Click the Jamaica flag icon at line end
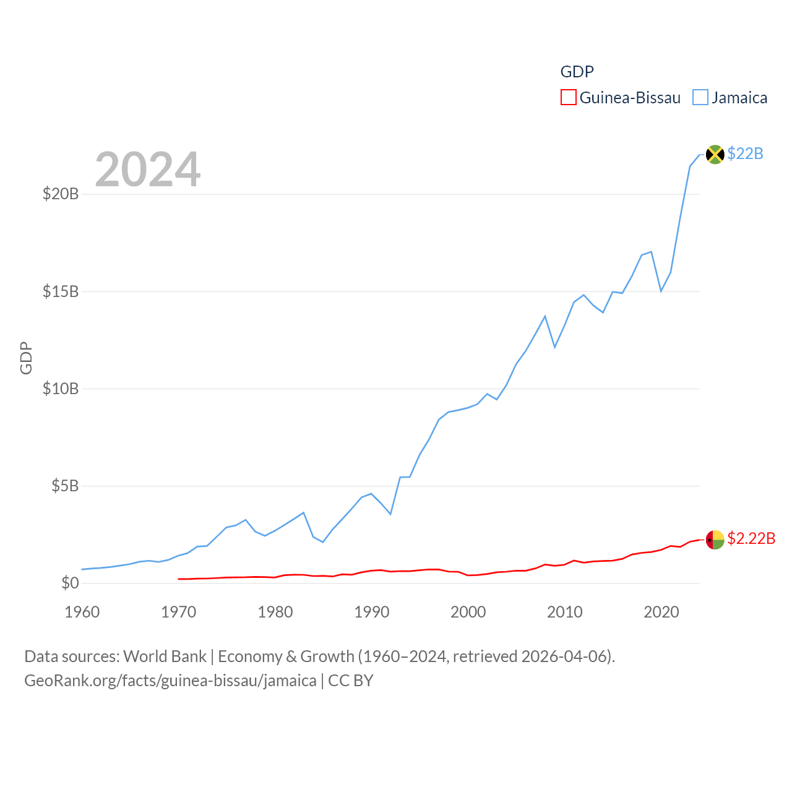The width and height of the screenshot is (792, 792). (715, 154)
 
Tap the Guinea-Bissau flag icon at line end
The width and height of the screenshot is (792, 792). (715, 540)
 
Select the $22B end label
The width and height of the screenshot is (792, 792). (745, 153)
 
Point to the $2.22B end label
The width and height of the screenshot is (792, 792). (751, 538)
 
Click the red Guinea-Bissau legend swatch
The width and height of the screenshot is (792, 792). (568, 98)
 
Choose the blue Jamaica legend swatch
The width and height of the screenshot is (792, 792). (700, 98)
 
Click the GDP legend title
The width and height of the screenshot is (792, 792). (577, 72)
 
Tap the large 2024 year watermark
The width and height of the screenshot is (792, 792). (148, 170)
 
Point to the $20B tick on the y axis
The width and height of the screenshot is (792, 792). (61, 194)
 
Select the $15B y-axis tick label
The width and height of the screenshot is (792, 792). (61, 291)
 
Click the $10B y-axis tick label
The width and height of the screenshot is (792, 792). (61, 389)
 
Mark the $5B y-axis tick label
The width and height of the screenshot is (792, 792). (65, 486)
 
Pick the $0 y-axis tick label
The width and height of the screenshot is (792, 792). (70, 583)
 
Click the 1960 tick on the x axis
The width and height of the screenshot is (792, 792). (82, 612)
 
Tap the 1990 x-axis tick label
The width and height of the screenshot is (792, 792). (372, 612)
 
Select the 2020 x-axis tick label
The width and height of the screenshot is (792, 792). (661, 612)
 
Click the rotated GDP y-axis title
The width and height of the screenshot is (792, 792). (26, 358)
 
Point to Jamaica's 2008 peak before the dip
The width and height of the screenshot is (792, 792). (545, 316)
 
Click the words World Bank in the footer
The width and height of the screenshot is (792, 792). (165, 656)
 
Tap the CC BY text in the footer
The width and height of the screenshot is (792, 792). (351, 681)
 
